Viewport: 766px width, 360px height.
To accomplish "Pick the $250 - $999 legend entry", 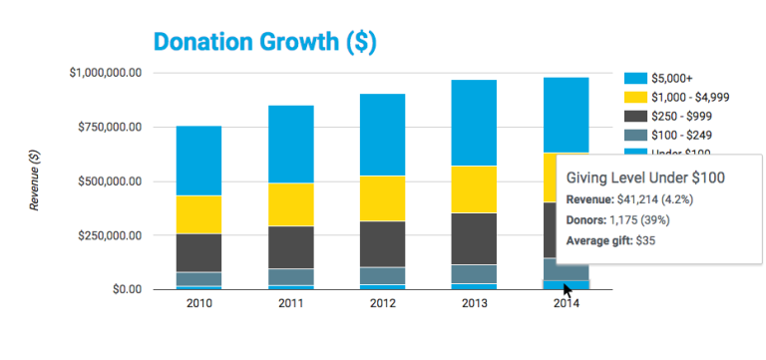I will pos(678,116).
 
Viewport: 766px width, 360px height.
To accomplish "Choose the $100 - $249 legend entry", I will pos(678,135).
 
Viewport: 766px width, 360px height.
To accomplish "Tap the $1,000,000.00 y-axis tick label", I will pos(106,73).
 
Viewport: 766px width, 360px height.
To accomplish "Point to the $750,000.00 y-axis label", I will pos(111,128).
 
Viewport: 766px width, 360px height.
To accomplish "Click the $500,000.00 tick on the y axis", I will pos(111,181).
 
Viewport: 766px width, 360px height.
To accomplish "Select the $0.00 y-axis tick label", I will pos(129,289).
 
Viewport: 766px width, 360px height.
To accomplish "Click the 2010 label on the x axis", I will pos(198,304).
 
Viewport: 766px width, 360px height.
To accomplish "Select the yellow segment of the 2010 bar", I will pos(198,214).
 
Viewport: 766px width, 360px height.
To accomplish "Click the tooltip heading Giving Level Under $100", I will pos(645,178).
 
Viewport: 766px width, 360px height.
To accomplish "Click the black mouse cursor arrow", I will pos(567,290).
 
